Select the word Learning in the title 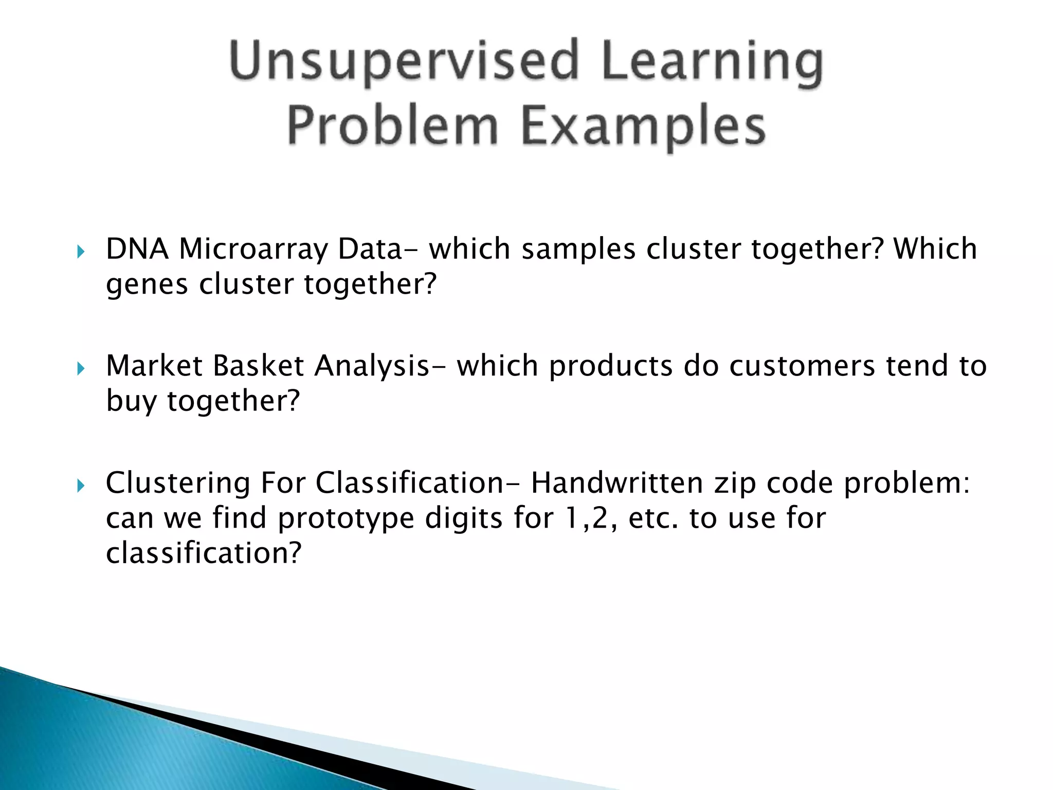[x=712, y=63]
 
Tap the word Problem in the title [x=393, y=126]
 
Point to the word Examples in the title [x=643, y=126]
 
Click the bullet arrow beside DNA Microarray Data [x=80, y=252]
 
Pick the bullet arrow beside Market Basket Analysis [x=80, y=369]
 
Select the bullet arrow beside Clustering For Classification [x=80, y=486]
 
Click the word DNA [x=137, y=249]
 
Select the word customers [x=802, y=366]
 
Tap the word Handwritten [x=617, y=483]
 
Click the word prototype [x=346, y=519]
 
